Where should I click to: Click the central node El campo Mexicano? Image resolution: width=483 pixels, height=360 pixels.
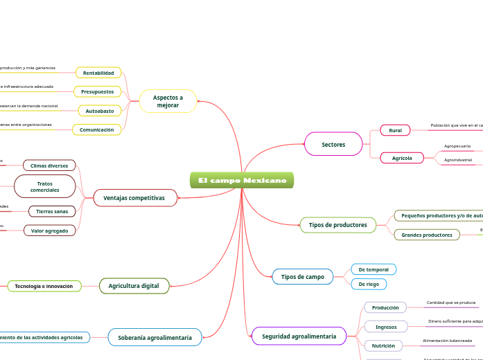point(242,181)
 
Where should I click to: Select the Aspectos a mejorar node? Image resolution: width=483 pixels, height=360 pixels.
point(168,101)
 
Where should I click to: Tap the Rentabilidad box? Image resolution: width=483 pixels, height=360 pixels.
point(98,73)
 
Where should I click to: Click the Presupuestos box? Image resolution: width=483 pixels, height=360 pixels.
point(97,91)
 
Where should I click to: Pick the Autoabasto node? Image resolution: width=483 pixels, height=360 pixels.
point(99,111)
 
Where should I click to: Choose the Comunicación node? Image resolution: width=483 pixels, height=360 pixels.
point(96,129)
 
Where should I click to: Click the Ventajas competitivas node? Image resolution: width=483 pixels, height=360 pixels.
point(134,198)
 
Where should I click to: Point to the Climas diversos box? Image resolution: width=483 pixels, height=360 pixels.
point(49,165)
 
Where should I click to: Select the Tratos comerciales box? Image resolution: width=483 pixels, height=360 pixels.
point(45,186)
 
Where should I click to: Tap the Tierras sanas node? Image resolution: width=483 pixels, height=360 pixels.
point(52,211)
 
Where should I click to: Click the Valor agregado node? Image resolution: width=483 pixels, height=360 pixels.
point(49,230)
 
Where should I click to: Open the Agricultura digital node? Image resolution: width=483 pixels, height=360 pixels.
point(134,286)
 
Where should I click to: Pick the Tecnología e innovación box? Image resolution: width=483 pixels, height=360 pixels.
point(44,286)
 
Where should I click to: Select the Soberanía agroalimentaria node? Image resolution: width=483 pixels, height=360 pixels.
point(155,337)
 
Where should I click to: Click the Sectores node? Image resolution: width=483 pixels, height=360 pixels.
point(333,144)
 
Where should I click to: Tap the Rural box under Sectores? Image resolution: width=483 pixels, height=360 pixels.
point(395,130)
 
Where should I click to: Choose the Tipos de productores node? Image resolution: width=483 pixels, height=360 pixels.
point(337,225)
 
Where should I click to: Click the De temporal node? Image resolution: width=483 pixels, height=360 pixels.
point(374,269)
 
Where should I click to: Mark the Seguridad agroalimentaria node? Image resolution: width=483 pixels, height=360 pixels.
point(299,336)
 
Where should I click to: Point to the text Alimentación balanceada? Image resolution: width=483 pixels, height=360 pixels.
point(447,341)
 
